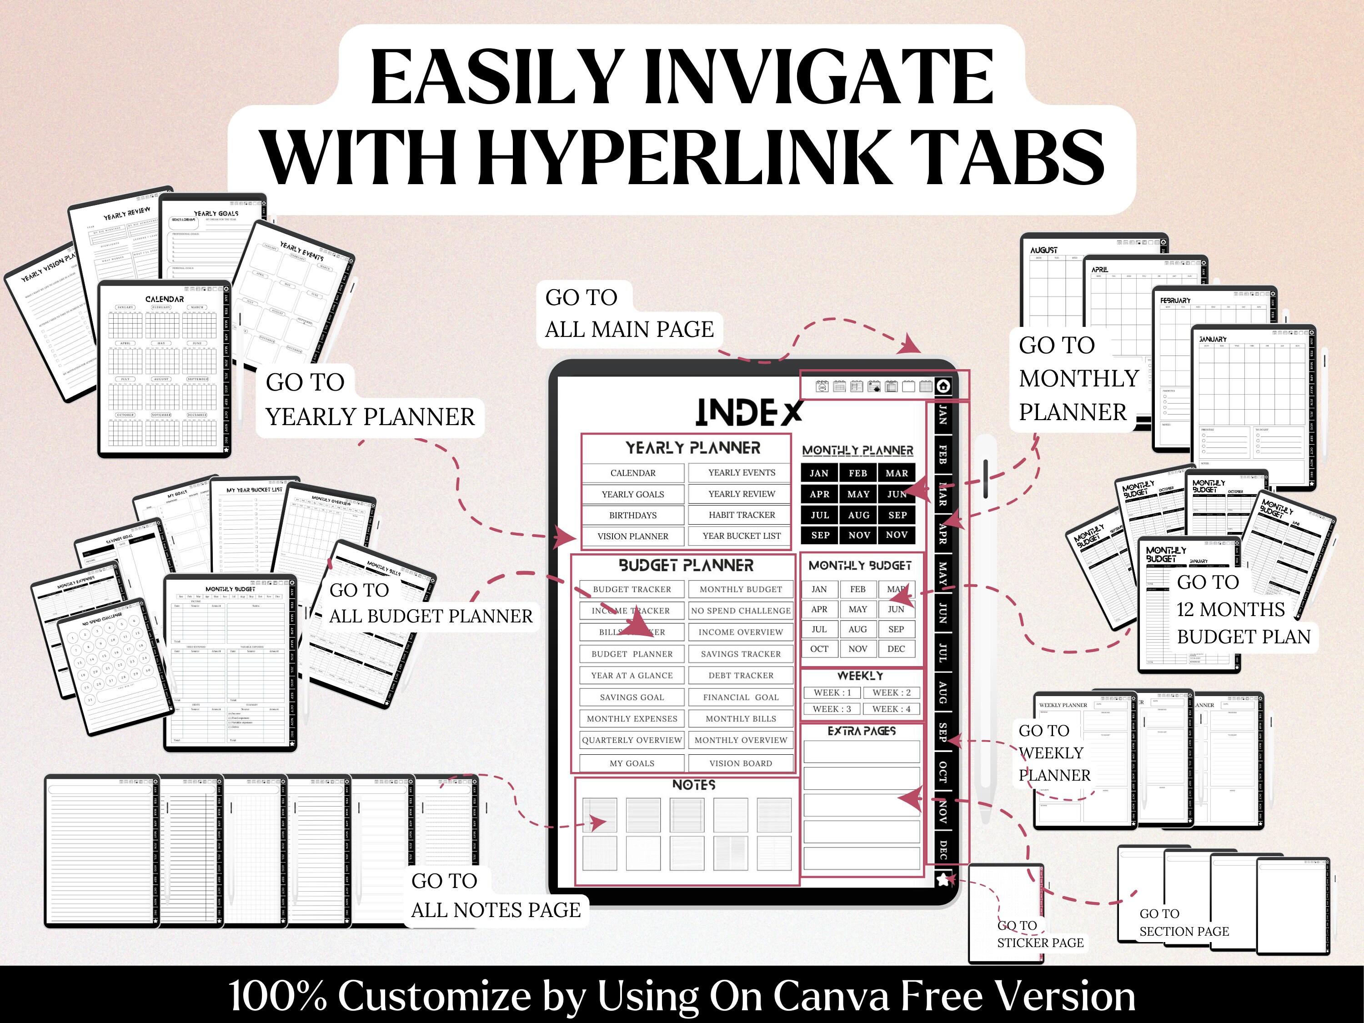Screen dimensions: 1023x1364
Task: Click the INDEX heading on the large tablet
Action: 748,412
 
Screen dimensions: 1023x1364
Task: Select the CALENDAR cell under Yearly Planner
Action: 633,473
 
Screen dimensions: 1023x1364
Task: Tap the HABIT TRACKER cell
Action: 741,515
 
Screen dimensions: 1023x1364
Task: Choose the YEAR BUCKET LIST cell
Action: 741,536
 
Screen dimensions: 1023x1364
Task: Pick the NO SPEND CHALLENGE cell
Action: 741,611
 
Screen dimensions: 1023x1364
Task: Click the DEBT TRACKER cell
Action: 741,675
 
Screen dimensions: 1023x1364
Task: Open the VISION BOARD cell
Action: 741,763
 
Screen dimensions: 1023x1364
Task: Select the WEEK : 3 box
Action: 831,709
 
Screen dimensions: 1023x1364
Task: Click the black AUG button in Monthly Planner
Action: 858,515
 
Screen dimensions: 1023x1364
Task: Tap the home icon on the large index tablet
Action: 943,386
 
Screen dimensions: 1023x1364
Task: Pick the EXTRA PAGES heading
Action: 862,731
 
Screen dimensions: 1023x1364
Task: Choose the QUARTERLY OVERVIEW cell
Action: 632,740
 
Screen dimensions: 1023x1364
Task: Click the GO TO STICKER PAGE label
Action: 1040,934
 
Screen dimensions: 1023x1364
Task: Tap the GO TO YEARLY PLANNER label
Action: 370,400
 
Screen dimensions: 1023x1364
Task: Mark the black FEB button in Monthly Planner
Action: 858,473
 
